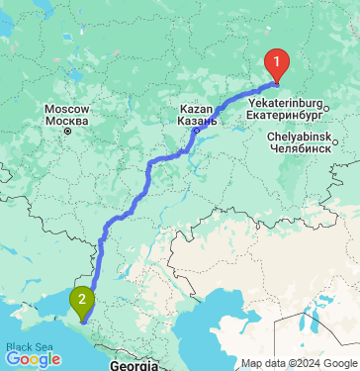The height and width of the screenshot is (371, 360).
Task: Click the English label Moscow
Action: [67, 109]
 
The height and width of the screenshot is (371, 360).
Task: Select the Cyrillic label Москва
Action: [67, 120]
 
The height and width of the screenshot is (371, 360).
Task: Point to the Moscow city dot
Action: [67, 130]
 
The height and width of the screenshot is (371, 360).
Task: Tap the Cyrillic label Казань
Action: [197, 119]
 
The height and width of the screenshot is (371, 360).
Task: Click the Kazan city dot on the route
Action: [196, 129]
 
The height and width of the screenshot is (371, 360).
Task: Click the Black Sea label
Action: [27, 347]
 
